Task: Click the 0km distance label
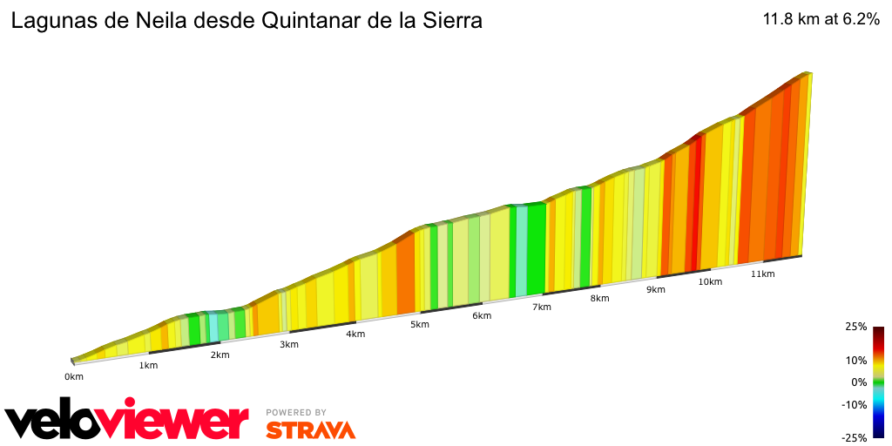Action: pos(74,376)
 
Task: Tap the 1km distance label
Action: pos(148,365)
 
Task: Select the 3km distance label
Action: pos(289,344)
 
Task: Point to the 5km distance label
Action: pos(420,325)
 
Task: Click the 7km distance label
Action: pos(542,307)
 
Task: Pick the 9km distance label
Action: pos(656,289)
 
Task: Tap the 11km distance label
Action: pos(762,274)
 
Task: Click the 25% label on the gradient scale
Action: pos(855,327)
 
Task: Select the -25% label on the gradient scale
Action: pos(855,438)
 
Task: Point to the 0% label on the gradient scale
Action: pos(859,382)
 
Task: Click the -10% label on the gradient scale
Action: pos(855,404)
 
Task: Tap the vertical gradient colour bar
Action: pos(878,382)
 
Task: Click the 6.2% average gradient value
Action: pos(858,20)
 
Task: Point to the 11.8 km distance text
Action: pos(790,20)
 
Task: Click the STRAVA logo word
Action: pos(310,429)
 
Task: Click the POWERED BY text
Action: pos(296,412)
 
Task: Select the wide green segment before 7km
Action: pos(536,248)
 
